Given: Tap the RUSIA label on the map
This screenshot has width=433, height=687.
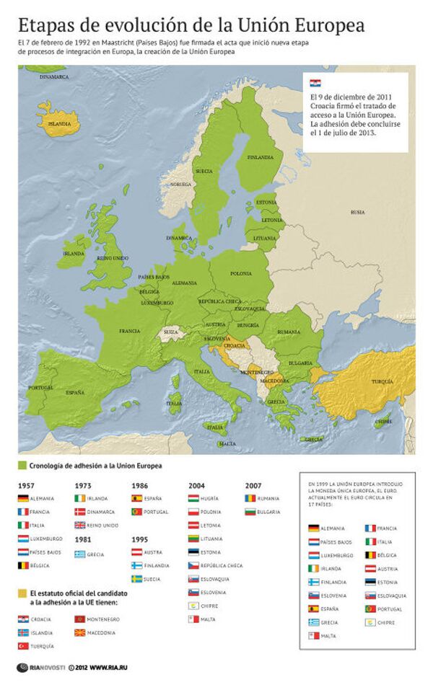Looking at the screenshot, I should click(x=357, y=212).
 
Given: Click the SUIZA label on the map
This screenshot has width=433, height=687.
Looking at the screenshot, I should click(x=170, y=332).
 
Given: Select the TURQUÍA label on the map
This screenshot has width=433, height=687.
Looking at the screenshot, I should click(x=382, y=381).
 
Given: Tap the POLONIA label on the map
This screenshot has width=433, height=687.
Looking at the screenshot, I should click(x=240, y=274).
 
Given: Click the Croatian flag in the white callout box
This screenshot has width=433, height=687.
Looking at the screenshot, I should click(x=315, y=83).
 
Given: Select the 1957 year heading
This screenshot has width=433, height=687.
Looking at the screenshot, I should click(x=26, y=485).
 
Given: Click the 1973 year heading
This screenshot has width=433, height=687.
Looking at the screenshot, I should click(x=82, y=485).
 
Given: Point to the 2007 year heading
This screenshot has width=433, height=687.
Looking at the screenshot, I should click(x=253, y=485).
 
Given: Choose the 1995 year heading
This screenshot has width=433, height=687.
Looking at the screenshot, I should click(x=139, y=538).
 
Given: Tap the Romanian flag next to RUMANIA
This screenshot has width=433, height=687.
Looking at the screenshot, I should click(x=250, y=498).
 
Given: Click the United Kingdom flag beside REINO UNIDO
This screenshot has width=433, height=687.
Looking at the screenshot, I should click(x=80, y=525).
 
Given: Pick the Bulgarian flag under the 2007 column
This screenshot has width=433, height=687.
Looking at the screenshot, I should click(x=250, y=512).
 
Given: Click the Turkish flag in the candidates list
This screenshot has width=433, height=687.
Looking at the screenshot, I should click(x=23, y=646).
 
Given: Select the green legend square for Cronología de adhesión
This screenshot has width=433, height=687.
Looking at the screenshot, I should click(x=22, y=466).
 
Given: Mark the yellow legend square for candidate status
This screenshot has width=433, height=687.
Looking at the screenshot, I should click(x=22, y=593).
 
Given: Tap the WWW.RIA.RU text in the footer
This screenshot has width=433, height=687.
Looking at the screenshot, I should click(x=109, y=668).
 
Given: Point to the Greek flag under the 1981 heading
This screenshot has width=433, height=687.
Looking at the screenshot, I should click(x=80, y=554).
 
